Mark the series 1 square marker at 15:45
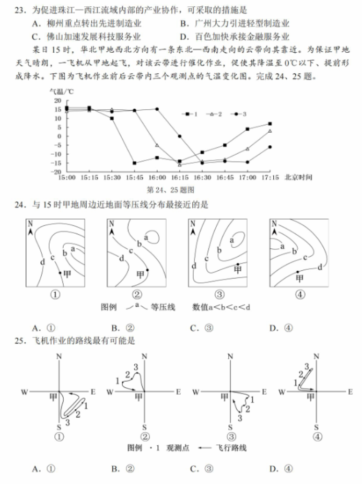tap(134, 163)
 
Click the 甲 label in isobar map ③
tap(238, 270)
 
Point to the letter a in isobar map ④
tap(282, 245)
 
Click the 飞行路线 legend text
tap(231, 448)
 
